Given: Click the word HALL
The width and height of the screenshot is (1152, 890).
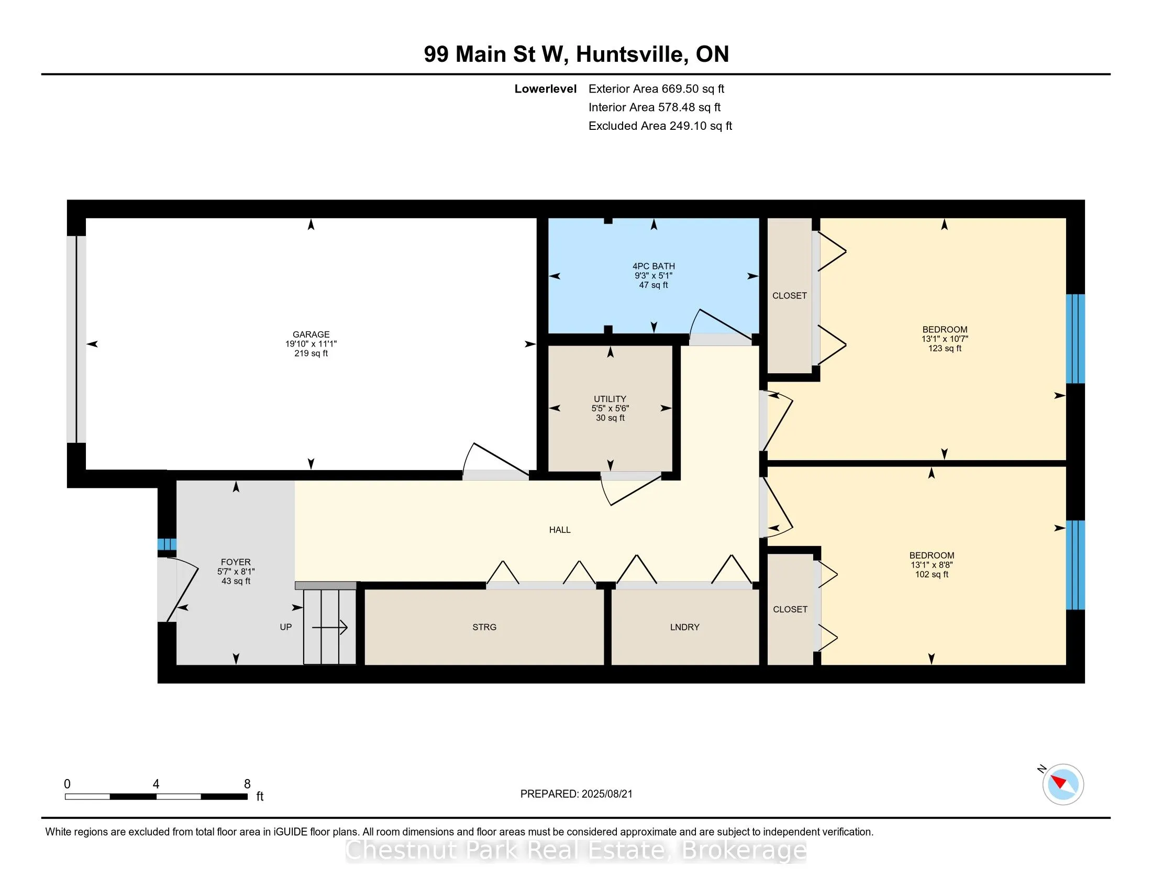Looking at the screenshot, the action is (560, 530).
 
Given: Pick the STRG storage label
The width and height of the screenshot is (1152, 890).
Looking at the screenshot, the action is (484, 627).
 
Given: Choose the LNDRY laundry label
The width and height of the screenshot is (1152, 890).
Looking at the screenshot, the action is (685, 627).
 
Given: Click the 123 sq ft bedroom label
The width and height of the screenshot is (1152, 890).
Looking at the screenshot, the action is (945, 339).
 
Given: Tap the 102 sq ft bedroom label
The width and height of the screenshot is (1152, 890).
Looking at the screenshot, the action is (932, 565).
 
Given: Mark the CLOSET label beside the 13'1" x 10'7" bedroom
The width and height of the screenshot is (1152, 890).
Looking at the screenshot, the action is (790, 296).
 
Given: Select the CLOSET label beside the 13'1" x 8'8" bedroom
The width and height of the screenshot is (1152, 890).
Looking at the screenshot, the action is (790, 609).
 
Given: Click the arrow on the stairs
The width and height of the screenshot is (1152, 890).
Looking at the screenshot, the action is (330, 627).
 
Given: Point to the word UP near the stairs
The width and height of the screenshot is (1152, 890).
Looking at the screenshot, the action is (286, 627).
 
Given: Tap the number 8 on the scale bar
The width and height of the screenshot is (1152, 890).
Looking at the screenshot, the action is (247, 784).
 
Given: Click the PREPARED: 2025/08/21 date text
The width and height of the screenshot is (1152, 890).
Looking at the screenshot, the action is (576, 794).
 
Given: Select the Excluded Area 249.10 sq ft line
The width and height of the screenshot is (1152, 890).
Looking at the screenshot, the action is (660, 126).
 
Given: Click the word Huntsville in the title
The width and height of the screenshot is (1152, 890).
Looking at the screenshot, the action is (633, 54).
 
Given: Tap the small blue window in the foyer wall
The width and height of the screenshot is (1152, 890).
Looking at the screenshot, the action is (167, 544).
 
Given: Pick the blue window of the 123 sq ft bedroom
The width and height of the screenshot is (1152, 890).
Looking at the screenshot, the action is (1076, 339).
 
